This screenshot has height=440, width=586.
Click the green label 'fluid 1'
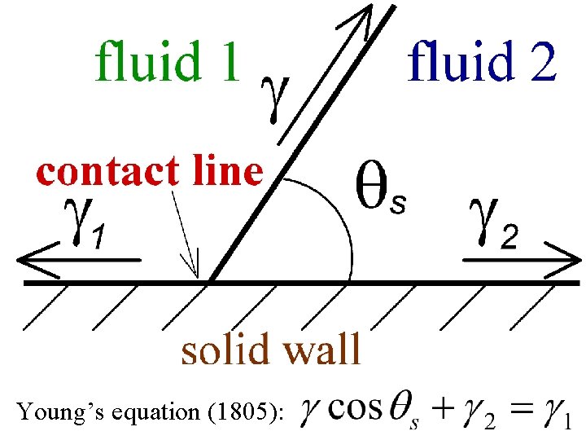pyautogui.click(x=168, y=60)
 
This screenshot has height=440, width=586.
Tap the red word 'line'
pyautogui.click(x=224, y=172)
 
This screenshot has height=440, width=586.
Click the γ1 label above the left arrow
pyautogui.click(x=84, y=226)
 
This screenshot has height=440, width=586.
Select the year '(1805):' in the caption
pyautogui.click(x=248, y=413)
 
